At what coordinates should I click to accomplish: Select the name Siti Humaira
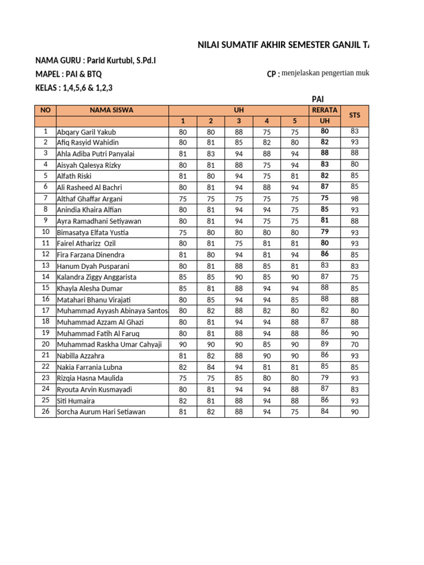(x=76, y=401)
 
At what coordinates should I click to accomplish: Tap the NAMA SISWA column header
(x=112, y=110)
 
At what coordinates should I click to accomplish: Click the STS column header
(x=354, y=115)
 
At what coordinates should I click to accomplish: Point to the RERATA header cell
(x=325, y=110)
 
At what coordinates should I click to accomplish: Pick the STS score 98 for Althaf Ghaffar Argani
(x=354, y=199)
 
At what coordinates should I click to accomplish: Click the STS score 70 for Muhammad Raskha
(x=354, y=344)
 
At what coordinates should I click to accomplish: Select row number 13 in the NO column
(x=45, y=265)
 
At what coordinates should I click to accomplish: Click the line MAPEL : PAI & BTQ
(x=68, y=74)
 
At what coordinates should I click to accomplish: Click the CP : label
(x=273, y=74)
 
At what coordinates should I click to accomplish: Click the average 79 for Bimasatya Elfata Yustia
(x=325, y=232)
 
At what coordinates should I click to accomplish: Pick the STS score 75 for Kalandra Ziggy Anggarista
(x=354, y=277)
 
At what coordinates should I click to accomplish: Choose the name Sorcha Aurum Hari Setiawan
(x=101, y=412)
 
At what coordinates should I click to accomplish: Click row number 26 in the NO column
(x=45, y=411)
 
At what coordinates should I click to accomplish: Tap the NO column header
(x=45, y=110)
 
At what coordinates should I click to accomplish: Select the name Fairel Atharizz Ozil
(x=86, y=243)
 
